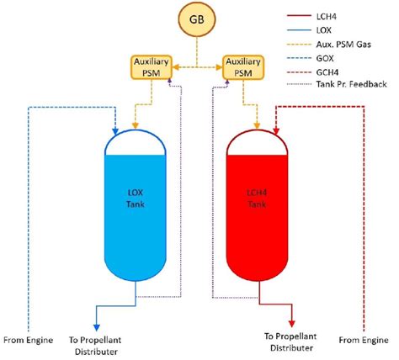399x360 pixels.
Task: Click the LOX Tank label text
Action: click(135, 199)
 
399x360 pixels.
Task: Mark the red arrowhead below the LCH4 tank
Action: click(291, 325)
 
